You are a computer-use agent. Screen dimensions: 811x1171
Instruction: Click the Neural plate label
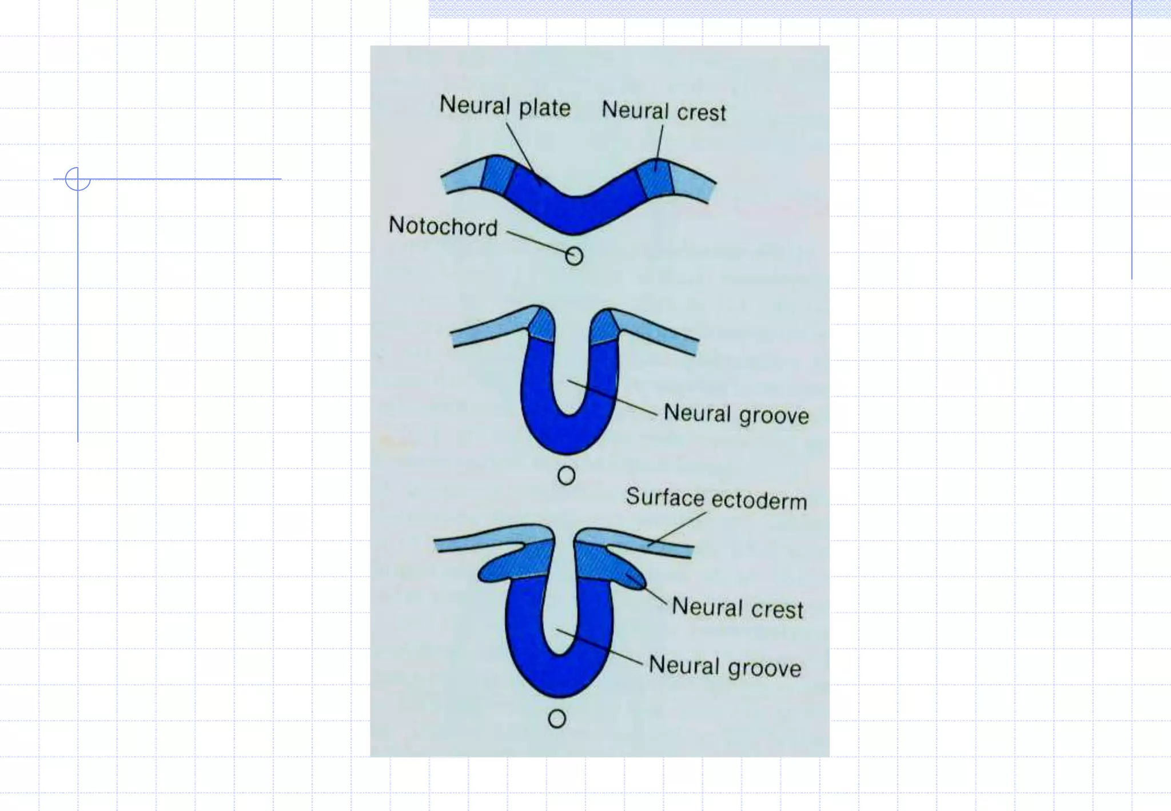(x=505, y=106)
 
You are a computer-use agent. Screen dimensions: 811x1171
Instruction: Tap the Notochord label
(x=443, y=226)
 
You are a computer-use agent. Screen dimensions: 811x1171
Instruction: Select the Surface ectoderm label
(x=716, y=499)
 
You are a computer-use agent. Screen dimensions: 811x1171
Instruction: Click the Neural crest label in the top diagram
(x=663, y=111)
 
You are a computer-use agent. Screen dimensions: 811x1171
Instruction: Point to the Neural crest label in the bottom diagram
(x=737, y=607)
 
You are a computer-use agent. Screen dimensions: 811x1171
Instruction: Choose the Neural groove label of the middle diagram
(x=736, y=414)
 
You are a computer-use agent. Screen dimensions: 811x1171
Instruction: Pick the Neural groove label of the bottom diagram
(x=724, y=666)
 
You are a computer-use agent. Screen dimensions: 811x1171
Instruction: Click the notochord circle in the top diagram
(x=574, y=256)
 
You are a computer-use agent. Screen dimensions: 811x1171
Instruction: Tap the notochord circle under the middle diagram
(x=566, y=475)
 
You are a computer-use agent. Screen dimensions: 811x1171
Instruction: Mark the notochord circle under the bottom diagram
(x=557, y=719)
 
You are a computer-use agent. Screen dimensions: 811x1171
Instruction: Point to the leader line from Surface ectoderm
(x=678, y=528)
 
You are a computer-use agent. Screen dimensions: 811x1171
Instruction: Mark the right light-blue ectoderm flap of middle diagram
(x=658, y=331)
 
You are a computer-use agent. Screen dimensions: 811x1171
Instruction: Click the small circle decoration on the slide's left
(x=77, y=179)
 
